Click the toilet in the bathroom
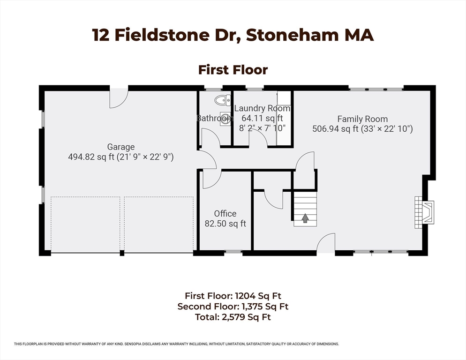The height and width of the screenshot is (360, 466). click(222, 100)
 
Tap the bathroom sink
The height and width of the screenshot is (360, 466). click(225, 118)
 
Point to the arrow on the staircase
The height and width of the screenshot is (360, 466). click(305, 218)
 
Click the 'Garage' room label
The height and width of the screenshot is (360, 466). click(120, 147)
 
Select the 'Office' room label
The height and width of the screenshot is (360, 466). click(225, 214)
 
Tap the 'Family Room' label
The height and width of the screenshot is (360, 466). click(362, 119)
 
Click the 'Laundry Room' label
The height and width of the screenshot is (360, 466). click(262, 108)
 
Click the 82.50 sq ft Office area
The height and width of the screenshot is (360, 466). click(225, 224)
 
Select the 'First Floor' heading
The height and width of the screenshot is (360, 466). click(233, 70)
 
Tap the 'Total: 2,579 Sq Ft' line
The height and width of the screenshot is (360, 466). click(233, 317)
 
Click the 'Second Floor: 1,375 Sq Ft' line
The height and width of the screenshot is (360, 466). click(233, 307)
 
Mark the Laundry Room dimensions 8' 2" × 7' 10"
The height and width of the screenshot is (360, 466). click(262, 127)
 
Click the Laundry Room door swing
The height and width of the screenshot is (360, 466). click(258, 139)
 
